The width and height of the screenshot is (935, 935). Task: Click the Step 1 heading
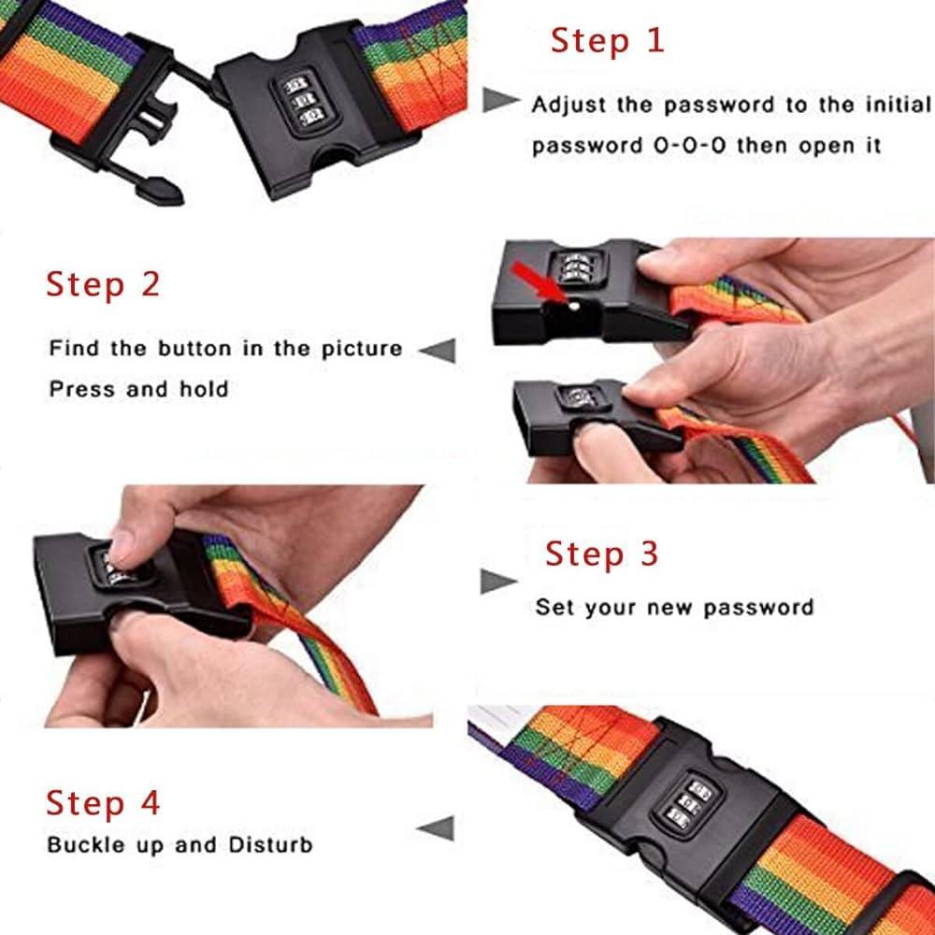coord(607,41)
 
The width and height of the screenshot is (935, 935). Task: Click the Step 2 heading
coord(103,284)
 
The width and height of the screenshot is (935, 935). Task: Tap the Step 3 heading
coord(601,554)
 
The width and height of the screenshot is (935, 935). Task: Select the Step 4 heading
coord(103,802)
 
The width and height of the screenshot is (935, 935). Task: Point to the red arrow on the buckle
coord(537,281)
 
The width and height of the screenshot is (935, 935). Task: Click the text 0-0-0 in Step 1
coord(689,146)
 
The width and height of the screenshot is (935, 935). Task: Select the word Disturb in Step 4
coord(271,845)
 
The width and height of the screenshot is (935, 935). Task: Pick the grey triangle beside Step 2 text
coord(438,350)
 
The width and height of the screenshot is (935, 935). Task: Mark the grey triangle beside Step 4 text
coord(436,828)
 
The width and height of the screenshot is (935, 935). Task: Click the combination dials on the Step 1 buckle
coord(302,101)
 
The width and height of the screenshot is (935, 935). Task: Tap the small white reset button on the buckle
coord(574,307)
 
